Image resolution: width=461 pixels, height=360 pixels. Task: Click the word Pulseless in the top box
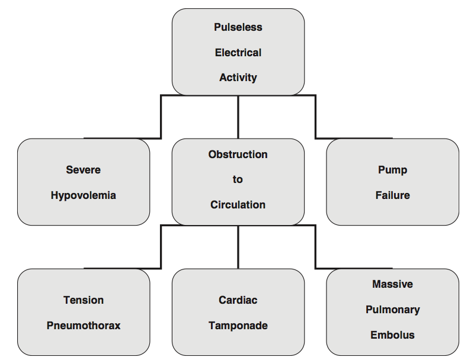[238, 27]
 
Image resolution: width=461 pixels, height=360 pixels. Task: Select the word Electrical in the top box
[238, 53]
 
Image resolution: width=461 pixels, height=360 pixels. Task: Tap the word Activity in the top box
[238, 78]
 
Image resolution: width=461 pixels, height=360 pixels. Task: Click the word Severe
[84, 170]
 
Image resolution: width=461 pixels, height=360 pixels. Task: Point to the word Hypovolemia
[84, 195]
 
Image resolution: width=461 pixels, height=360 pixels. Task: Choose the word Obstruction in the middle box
[238, 155]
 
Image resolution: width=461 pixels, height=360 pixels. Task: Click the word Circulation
[238, 205]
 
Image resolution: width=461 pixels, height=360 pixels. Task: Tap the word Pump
[392, 170]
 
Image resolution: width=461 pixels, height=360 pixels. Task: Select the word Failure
[392, 195]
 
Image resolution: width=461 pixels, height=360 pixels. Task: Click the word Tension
[84, 300]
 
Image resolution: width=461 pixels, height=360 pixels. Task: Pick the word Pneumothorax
[84, 326]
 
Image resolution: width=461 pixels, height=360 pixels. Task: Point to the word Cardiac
[238, 300]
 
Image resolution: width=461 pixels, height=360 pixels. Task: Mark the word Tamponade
[238, 326]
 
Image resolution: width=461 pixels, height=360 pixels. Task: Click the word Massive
[392, 284]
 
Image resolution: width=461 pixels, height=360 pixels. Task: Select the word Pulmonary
[392, 310]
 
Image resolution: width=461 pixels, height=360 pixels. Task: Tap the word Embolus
[392, 335]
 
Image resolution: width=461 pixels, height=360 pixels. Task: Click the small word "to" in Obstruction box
[238, 179]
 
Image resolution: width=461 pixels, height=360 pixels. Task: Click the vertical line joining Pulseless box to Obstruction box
[238, 117]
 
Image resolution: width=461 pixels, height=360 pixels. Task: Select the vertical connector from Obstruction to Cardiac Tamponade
[238, 247]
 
